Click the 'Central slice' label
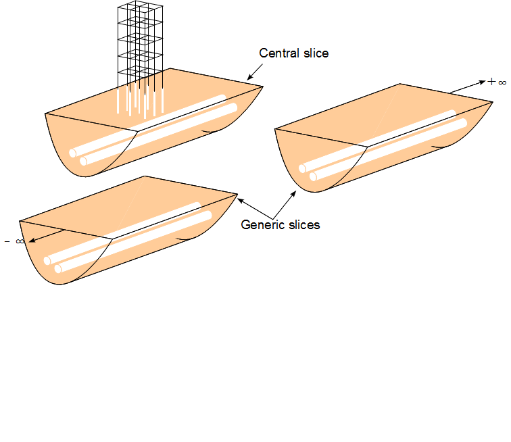point(294,53)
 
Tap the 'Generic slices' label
point(281,224)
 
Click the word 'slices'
point(303,224)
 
